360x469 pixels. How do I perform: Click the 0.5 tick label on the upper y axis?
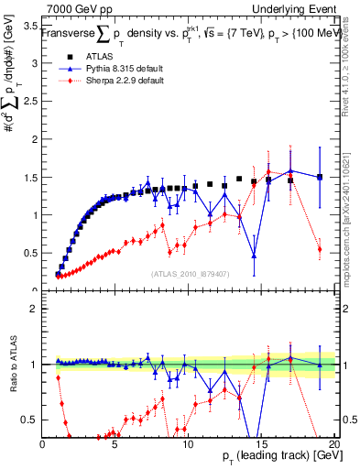[x=27, y=253]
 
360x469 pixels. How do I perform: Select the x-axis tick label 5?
[x=115, y=444]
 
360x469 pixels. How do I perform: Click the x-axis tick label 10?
[x=186, y=444]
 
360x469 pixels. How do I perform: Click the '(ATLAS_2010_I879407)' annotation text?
[x=190, y=273]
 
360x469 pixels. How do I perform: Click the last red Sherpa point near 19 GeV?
[x=319, y=249]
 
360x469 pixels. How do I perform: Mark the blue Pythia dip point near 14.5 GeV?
[x=254, y=255]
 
